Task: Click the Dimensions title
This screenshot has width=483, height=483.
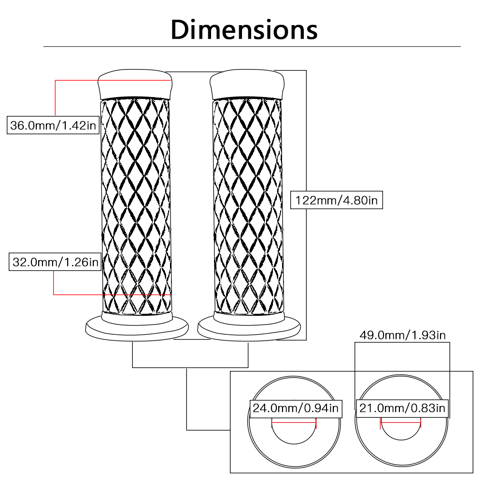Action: point(244,29)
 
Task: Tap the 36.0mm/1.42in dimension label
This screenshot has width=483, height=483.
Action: point(54,126)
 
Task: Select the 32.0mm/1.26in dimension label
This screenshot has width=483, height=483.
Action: point(54,263)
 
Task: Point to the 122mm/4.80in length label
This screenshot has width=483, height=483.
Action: point(336,200)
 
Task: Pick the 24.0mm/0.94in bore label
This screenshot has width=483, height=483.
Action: point(295,409)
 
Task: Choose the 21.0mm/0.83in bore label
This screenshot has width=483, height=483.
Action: point(402,409)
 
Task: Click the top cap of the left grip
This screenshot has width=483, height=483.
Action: point(135,83)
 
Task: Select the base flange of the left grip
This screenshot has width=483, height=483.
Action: point(136,328)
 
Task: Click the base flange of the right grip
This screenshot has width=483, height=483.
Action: point(248,328)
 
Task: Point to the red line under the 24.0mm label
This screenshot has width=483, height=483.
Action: point(294,421)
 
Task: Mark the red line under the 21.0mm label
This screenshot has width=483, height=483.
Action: point(401,421)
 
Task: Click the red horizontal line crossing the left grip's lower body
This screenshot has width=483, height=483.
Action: point(111,294)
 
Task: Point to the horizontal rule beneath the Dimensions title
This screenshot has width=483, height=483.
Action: point(252,47)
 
